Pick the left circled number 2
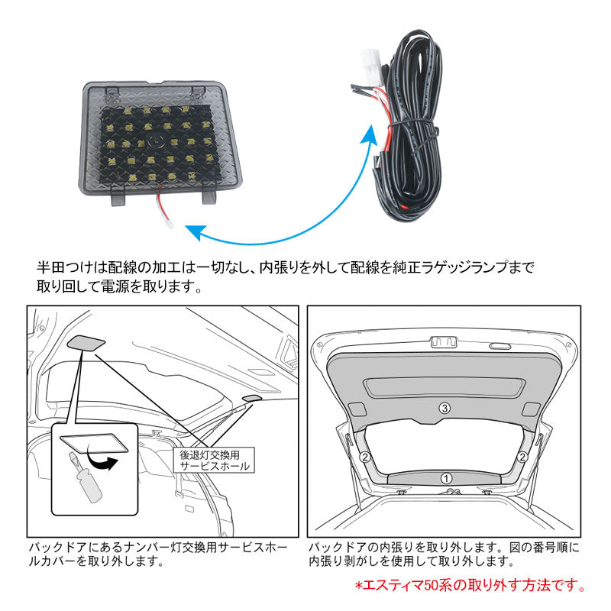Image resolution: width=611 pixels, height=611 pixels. point(365,457)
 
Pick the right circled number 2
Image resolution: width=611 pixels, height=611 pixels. point(522,457)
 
